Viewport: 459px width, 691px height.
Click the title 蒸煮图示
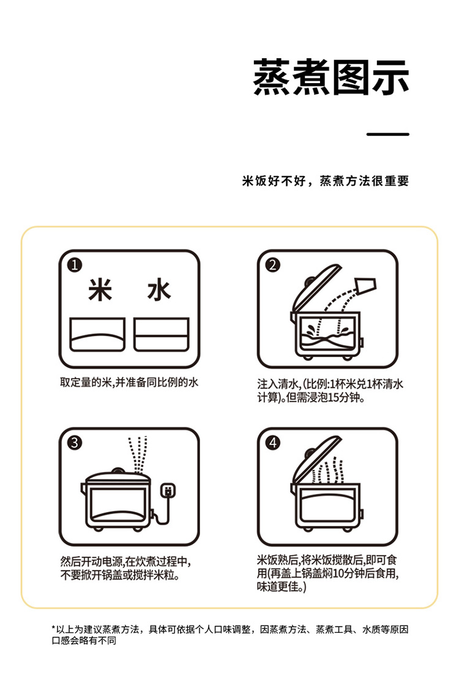330,78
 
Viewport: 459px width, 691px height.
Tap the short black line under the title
387,134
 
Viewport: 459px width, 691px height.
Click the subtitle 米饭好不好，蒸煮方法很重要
326,180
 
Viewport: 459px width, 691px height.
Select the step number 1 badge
75,265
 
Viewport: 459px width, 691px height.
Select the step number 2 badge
273,265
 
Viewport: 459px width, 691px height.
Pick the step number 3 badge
75,443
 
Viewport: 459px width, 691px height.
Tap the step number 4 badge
273,443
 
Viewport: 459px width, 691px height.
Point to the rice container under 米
97,334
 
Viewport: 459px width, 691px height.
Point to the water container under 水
162,334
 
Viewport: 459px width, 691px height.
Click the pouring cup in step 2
365,286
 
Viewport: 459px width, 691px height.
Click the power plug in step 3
168,490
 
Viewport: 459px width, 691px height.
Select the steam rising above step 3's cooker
138,454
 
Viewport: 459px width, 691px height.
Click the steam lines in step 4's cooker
328,471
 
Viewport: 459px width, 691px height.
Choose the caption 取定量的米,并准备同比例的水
129,382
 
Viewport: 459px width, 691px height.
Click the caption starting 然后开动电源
125,569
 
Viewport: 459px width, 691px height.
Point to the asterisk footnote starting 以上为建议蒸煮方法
229,635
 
